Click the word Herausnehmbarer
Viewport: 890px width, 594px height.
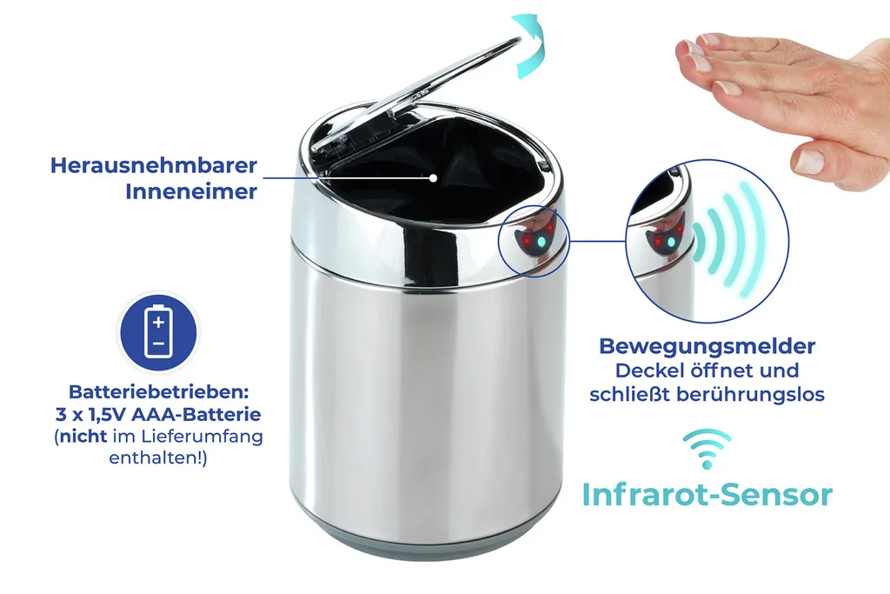[154, 165]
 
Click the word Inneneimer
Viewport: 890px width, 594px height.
[191, 191]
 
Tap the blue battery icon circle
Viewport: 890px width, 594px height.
[158, 331]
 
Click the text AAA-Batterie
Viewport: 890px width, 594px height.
[196, 414]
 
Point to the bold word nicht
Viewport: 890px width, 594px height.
[83, 436]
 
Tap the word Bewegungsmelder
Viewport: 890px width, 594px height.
[707, 346]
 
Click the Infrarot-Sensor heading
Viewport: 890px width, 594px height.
[707, 495]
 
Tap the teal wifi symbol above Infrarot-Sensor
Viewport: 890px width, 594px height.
[707, 449]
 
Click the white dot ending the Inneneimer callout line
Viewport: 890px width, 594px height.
[433, 177]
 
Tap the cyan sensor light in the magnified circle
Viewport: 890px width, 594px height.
[672, 242]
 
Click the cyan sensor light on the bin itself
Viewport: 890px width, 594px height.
[540, 242]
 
